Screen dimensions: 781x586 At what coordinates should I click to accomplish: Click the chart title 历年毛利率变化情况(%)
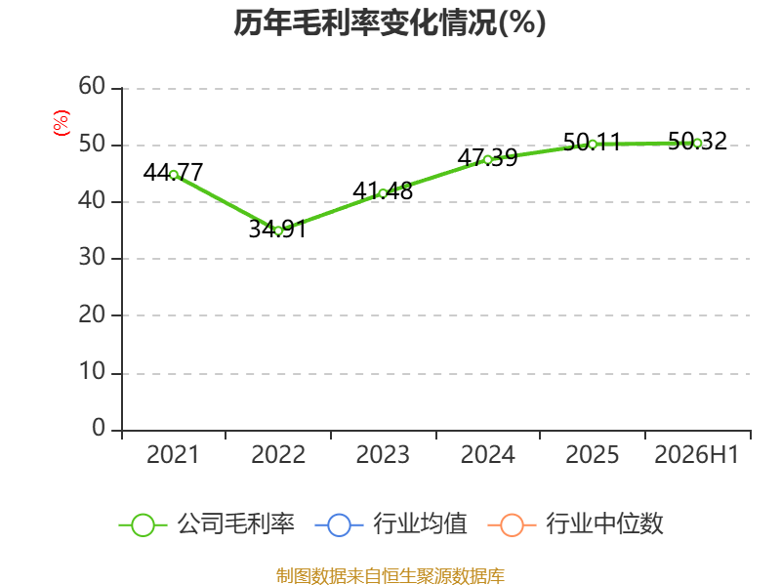(x=390, y=22)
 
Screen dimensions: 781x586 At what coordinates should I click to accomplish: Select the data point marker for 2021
(x=174, y=175)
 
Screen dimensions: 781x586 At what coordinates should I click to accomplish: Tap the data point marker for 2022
(x=278, y=230)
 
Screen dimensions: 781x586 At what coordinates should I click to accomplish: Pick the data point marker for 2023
(x=383, y=193)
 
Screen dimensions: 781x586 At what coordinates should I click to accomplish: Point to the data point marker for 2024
(x=488, y=160)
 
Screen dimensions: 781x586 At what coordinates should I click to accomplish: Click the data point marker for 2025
(x=593, y=145)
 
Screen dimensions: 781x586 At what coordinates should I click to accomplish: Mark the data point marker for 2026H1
(x=697, y=143)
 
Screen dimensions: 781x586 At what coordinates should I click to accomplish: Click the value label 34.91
(x=277, y=229)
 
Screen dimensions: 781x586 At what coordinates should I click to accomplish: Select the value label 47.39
(x=487, y=158)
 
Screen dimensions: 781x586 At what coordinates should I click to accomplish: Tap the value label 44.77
(x=173, y=173)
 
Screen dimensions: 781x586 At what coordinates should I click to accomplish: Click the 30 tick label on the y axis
(x=92, y=258)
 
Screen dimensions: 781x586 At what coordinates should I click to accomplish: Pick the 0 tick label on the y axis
(x=99, y=428)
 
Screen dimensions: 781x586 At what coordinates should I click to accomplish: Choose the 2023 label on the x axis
(x=383, y=454)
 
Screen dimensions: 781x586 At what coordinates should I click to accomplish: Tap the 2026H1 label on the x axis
(x=696, y=454)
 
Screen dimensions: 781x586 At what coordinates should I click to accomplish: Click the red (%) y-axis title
(x=62, y=123)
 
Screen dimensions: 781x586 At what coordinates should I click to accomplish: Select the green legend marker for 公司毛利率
(x=143, y=525)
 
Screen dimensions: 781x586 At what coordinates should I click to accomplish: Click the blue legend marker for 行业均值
(x=339, y=525)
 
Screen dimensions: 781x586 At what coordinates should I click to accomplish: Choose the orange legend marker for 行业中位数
(x=512, y=525)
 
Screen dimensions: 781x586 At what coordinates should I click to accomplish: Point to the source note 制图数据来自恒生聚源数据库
(x=390, y=576)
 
